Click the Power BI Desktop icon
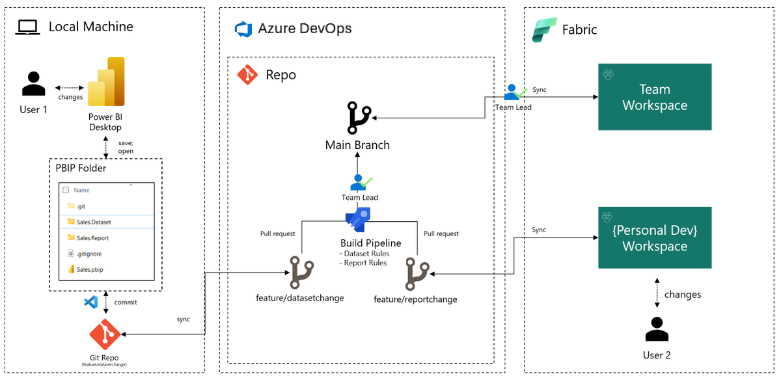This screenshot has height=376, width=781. tap(106, 81)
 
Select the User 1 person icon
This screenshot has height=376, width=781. tap(33, 85)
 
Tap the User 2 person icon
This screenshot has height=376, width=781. tap(657, 329)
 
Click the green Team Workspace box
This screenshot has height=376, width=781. tap(655, 97)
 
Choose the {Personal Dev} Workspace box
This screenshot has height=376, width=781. tap(655, 237)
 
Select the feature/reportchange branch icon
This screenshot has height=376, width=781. tap(417, 274)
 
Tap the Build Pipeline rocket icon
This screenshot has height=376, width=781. tap(358, 219)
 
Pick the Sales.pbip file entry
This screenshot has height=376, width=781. tap(90, 269)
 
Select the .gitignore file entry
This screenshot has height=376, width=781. tap(89, 254)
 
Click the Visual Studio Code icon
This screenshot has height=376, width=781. tap(91, 302)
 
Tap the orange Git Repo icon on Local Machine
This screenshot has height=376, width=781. tap(105, 334)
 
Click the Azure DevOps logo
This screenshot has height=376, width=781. tap(243, 29)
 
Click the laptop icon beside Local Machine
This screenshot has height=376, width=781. tap(29, 27)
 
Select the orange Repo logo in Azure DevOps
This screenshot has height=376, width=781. tap(247, 75)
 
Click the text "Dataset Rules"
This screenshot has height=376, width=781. tap(366, 254)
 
